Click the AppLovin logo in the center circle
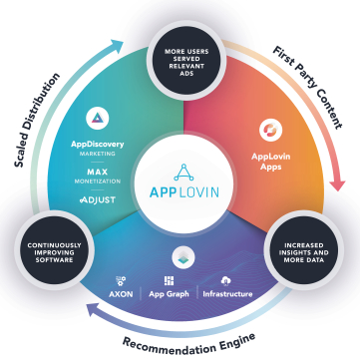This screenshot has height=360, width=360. pyautogui.click(x=180, y=180)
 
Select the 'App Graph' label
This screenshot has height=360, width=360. pyautogui.click(x=179, y=295)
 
